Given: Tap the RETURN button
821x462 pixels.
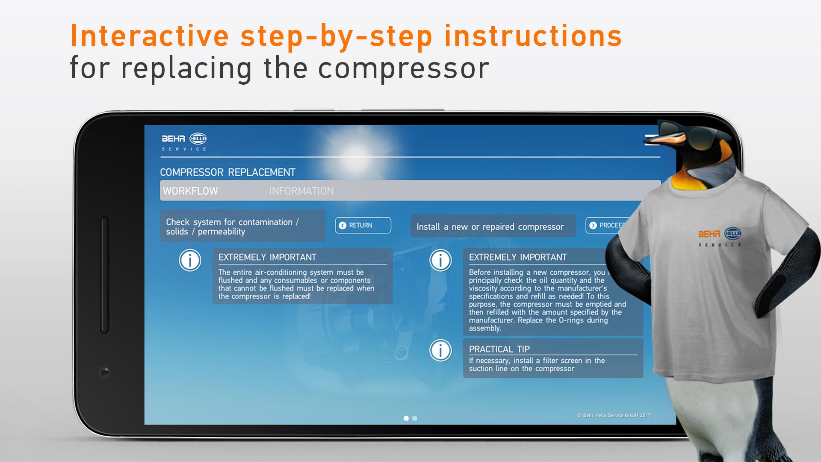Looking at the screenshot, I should click(x=363, y=225).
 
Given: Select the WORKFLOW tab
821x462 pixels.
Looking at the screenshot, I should click(x=190, y=191).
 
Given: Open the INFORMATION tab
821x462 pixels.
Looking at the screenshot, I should click(x=301, y=191).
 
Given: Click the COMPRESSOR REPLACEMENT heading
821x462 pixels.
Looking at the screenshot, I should click(x=227, y=172).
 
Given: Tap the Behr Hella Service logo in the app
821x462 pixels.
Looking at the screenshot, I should click(x=184, y=142).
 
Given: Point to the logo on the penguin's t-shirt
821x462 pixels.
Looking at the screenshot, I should click(x=720, y=237).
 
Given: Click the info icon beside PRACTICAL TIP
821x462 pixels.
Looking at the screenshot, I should click(x=440, y=350).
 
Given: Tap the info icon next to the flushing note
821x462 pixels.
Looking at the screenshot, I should click(x=190, y=260).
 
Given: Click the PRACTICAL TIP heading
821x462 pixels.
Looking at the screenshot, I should click(x=499, y=349).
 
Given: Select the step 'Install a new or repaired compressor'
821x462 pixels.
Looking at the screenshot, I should click(x=490, y=227).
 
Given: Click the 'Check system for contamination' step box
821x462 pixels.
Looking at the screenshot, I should click(x=242, y=226).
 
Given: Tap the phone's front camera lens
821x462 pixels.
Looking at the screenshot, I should click(x=105, y=372).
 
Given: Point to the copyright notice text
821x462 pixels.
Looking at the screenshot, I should click(x=614, y=415).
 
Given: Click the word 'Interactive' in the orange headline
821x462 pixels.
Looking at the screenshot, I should click(x=150, y=36).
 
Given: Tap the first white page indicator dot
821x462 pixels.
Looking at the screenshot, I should click(x=406, y=418).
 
